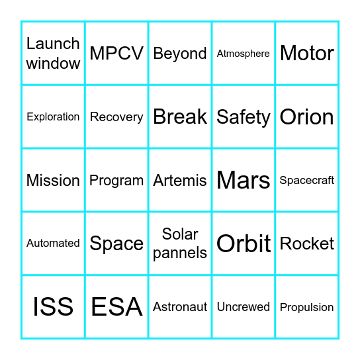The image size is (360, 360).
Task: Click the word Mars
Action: point(244,180)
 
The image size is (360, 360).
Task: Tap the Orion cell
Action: point(307,117)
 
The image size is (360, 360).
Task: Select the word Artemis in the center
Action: point(180,180)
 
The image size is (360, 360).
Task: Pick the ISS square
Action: point(53,307)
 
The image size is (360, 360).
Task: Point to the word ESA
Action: point(116,307)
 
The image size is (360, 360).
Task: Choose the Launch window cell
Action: point(53,53)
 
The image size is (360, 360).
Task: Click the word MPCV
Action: point(116,53)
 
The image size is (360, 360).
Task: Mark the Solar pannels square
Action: point(180,244)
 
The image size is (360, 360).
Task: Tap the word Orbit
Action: point(244,244)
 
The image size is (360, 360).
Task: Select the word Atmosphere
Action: point(244,54)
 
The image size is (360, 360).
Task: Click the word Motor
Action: point(307,53)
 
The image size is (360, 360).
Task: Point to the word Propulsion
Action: point(307,307)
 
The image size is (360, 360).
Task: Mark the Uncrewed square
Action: point(244,307)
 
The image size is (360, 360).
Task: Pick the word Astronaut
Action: point(180,307)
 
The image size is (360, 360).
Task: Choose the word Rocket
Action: point(307,244)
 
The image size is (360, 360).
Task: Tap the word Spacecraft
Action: point(307,180)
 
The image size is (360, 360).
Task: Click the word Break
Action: point(180,116)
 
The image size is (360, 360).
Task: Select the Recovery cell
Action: point(116,117)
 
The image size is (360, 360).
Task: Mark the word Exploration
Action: point(53,117)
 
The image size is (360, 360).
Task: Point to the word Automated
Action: point(53,244)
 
